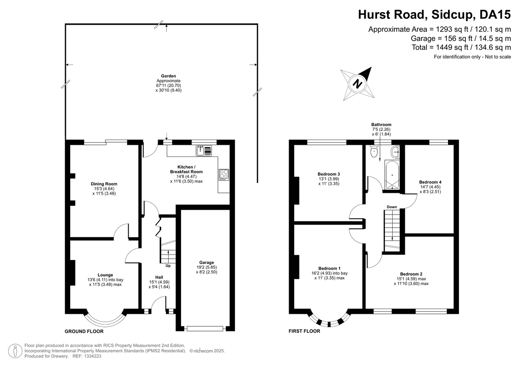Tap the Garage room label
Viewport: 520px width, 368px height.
tap(206, 263)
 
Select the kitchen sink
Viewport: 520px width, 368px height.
tap(204, 151)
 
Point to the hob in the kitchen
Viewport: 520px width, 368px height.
tap(224, 174)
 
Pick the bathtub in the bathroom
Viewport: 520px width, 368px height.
tap(392, 175)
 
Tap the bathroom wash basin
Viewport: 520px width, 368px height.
tap(395, 152)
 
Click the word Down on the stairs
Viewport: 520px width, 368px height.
tap(392, 207)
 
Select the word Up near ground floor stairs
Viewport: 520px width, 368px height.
tap(168, 265)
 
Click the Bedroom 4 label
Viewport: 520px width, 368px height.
tap(430, 182)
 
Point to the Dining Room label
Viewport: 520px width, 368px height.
tap(104, 184)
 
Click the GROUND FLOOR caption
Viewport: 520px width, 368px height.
tap(84, 331)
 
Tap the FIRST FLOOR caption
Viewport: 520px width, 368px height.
tap(304, 331)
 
